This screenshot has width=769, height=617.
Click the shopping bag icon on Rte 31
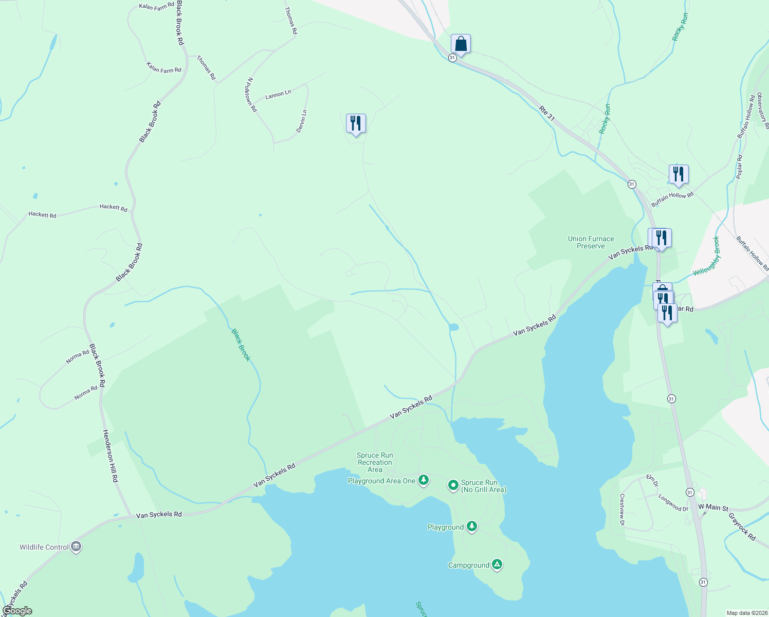pos(461,44)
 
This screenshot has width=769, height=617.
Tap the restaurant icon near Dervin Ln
pos(356,123)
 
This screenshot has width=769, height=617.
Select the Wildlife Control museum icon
pos(76,547)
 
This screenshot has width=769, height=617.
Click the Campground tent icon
pos(497,565)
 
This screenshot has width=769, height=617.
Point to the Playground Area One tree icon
pos(423,480)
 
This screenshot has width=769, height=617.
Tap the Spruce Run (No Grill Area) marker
pos(453,485)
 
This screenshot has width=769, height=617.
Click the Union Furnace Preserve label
pos(591,242)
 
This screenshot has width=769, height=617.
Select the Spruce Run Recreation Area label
pos(375,462)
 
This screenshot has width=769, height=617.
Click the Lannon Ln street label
pos(278,95)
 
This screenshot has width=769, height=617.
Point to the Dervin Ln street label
pos(302,121)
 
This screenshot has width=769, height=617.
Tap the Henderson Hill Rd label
pos(111,456)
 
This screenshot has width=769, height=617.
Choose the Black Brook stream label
pos(241,345)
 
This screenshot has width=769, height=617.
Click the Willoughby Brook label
pos(706,256)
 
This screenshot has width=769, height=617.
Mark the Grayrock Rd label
pos(742,526)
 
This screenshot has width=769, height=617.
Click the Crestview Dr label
pos(622,510)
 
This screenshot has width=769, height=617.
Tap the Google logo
pos(17,611)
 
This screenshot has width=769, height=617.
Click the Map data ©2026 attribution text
pos(746,613)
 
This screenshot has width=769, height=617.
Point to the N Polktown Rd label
pos(251,95)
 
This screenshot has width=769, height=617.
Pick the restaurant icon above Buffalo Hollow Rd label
pos(679,175)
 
